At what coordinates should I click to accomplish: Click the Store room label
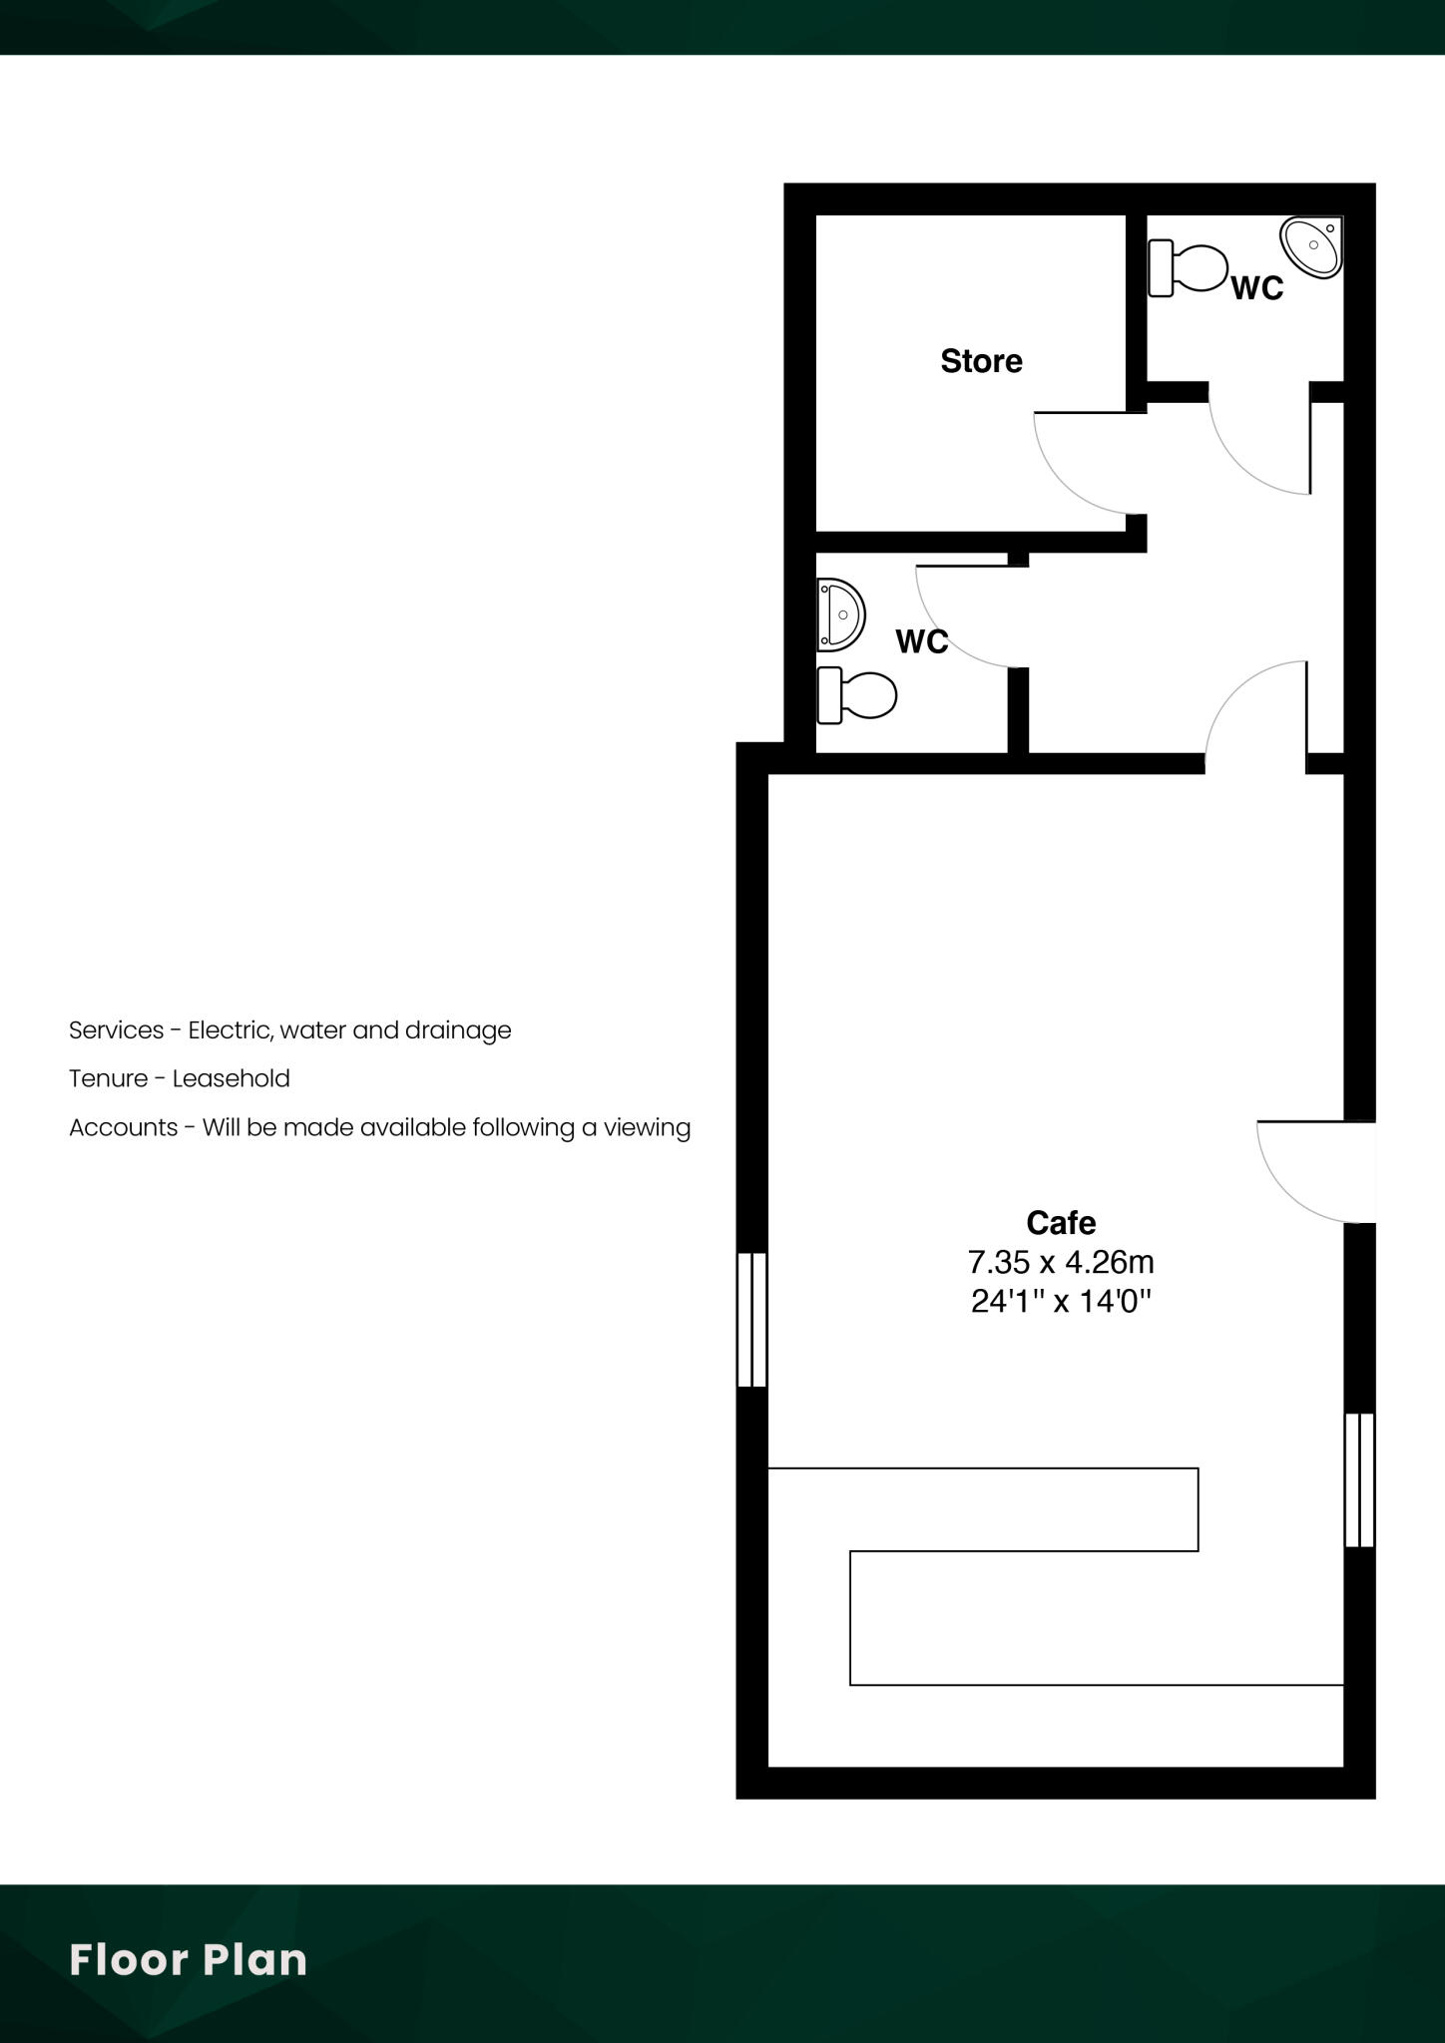(981, 361)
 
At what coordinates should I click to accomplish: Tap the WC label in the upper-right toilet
(1256, 288)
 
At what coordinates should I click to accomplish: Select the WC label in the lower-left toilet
(921, 641)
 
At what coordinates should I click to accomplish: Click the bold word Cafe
(1061, 1222)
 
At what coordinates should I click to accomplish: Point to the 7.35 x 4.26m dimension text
(1061, 1262)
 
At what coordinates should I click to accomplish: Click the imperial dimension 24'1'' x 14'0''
(1061, 1301)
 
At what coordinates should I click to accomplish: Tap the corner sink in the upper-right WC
(1314, 246)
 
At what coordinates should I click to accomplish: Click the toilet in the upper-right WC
(1188, 268)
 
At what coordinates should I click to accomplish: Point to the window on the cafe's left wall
(751, 1320)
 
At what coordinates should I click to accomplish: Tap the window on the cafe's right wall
(1359, 1479)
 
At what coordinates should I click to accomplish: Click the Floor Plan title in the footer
(188, 1960)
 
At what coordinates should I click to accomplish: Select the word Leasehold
(231, 1078)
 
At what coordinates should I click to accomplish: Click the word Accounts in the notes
(123, 1127)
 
